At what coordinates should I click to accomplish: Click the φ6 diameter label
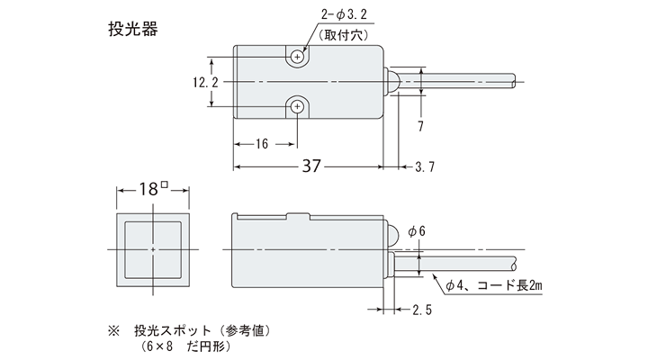coord(418,231)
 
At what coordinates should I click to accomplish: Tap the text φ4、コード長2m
coord(497,286)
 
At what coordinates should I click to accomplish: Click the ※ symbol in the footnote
coord(113,330)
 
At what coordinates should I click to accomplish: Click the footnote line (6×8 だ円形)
coord(181,346)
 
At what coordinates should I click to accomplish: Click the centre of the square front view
coord(154,248)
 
